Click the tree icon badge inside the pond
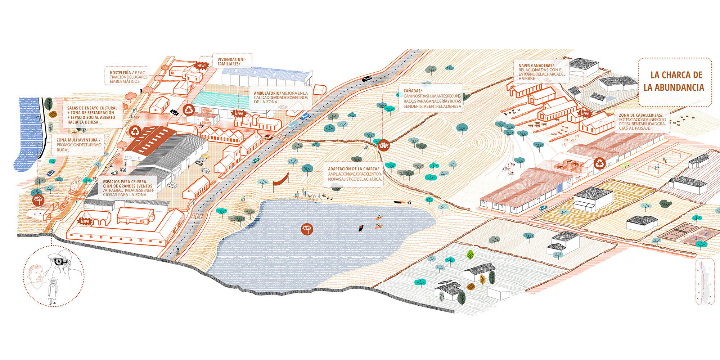click(307, 229)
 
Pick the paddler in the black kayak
click(360, 228)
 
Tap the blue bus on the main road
click(292, 125)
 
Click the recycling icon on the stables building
click(599, 163)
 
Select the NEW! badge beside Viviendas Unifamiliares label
click(201, 66)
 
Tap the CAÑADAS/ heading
click(413, 91)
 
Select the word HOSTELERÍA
click(120, 73)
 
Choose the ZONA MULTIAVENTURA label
click(78, 140)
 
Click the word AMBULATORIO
click(266, 93)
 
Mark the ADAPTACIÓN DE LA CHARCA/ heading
click(353, 169)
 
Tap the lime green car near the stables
click(625, 165)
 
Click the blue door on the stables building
click(559, 188)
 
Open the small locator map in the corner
click(705, 282)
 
